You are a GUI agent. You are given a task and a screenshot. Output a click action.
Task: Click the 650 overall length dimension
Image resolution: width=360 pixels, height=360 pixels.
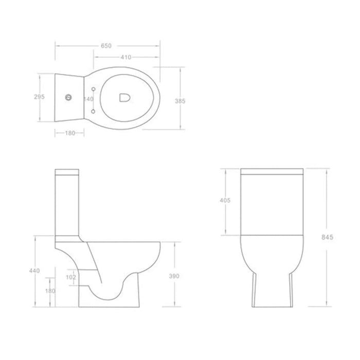click(x=106, y=46)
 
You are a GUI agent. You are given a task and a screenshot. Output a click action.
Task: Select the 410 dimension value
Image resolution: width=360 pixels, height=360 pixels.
click(x=126, y=57)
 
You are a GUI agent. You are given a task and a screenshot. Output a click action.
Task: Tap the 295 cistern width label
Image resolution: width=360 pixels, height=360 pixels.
click(x=39, y=97)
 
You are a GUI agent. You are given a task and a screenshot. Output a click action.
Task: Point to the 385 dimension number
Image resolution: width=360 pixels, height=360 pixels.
click(x=180, y=101)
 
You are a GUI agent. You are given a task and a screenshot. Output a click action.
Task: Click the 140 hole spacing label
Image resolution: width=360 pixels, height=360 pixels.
click(x=88, y=99)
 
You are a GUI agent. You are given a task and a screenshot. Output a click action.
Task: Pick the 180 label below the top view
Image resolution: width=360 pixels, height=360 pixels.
click(x=70, y=133)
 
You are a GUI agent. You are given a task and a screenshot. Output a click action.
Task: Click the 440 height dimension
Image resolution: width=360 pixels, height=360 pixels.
click(x=34, y=271)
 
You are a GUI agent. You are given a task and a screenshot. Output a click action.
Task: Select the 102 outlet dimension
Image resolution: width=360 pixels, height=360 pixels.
click(x=71, y=277)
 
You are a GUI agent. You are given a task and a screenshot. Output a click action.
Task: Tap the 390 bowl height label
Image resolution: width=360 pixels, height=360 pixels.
click(x=174, y=276)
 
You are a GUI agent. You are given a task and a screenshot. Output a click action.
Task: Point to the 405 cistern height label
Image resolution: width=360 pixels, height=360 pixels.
click(x=225, y=200)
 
